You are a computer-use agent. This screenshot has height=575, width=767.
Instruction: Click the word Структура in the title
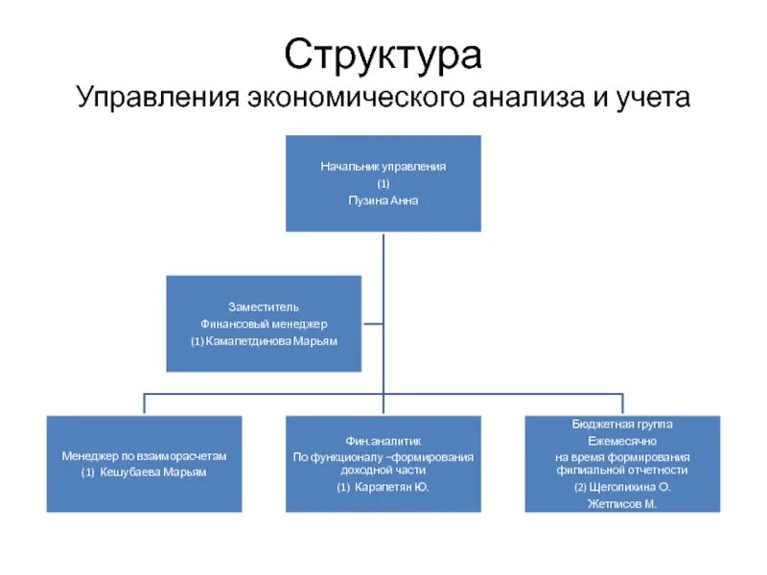coord(383,55)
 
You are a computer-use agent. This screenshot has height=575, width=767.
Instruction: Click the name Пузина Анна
coord(383,200)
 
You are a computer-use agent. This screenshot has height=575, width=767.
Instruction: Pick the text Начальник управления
coord(383,166)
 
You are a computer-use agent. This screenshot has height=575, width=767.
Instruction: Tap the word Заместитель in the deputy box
coord(264,307)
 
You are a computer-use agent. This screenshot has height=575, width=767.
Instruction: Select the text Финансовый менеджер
coord(264,324)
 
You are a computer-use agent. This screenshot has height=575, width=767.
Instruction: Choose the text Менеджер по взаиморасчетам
coord(144,455)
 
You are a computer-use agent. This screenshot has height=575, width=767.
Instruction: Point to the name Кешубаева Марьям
coord(151,472)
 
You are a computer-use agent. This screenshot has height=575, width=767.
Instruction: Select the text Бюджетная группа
coord(621,423)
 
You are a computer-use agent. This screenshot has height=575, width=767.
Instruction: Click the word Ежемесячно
coord(621,439)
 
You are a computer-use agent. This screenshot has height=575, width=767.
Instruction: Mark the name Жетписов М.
coord(621,503)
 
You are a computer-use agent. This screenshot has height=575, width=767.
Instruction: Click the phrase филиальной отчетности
coord(621,470)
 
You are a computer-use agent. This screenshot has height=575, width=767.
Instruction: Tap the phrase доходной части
coord(383,471)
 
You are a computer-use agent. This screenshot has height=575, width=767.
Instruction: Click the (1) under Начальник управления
coord(383,183)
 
